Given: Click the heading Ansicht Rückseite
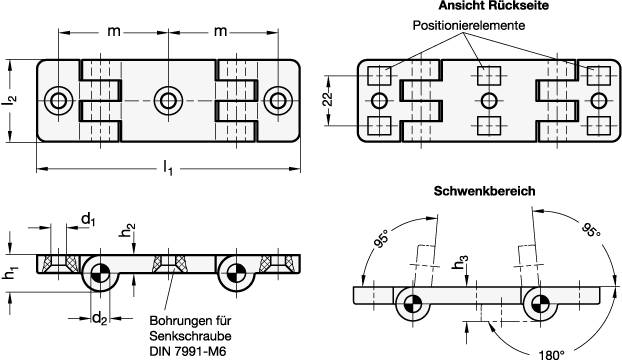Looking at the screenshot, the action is pyautogui.click(x=493, y=6).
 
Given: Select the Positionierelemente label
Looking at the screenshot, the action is pyautogui.click(x=468, y=25).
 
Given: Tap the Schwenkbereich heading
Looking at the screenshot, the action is pyautogui.click(x=484, y=191).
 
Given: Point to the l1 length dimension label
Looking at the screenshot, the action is pyautogui.click(x=168, y=169).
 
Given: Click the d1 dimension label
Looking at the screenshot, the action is pyautogui.click(x=88, y=219).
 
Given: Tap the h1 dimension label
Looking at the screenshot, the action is pyautogui.click(x=11, y=272).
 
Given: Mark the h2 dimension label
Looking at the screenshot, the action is pyautogui.click(x=127, y=230).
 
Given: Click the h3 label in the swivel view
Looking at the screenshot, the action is pyautogui.click(x=461, y=263).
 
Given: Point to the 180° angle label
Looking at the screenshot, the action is pyautogui.click(x=551, y=354).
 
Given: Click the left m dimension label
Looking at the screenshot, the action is pyautogui.click(x=114, y=31).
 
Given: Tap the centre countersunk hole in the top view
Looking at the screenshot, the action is pyautogui.click(x=168, y=100).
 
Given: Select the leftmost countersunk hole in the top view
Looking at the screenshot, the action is pyautogui.click(x=58, y=100).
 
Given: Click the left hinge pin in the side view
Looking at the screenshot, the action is pyautogui.click(x=100, y=274).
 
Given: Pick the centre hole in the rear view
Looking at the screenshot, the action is pyautogui.click(x=489, y=100).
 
